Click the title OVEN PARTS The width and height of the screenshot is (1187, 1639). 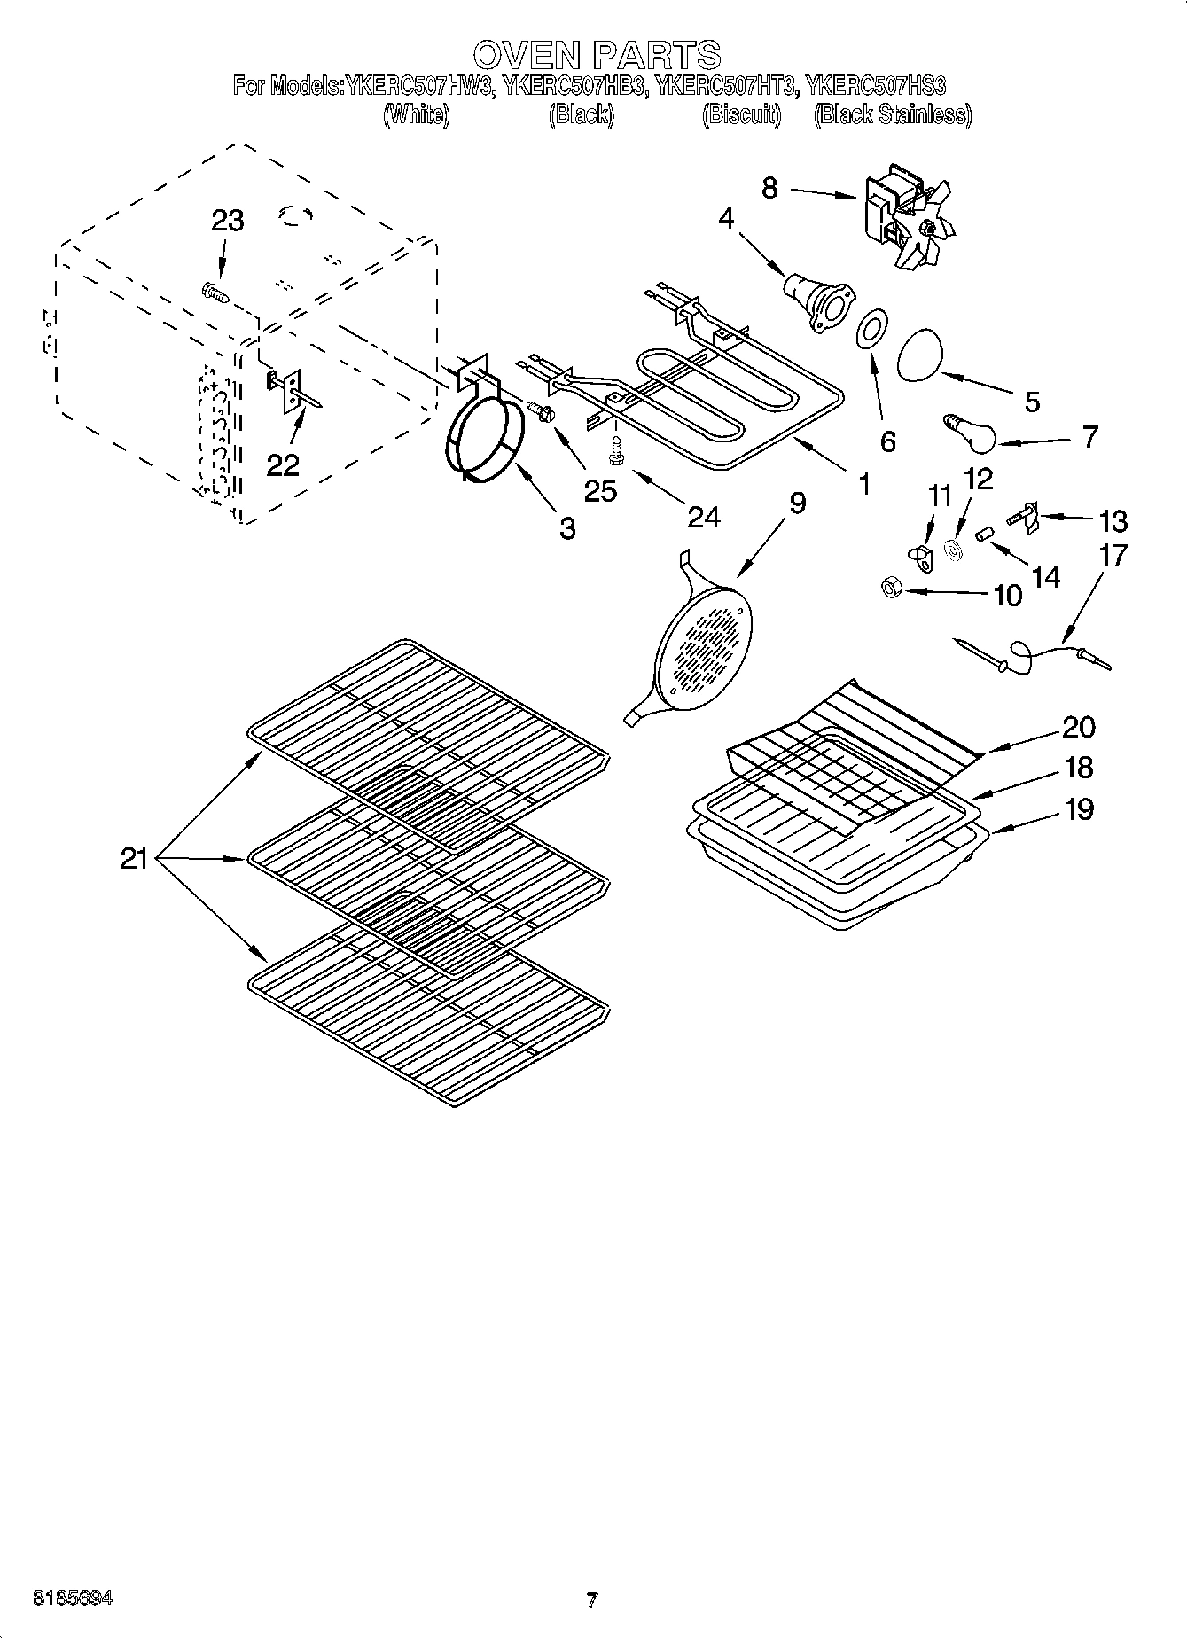click(x=596, y=55)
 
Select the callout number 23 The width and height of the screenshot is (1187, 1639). click(x=227, y=221)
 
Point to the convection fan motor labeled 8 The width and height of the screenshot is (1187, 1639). click(x=906, y=217)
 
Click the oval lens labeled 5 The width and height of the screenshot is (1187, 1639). click(x=920, y=355)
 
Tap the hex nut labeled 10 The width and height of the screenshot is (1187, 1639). click(x=892, y=588)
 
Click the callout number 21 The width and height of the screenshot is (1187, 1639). click(x=134, y=858)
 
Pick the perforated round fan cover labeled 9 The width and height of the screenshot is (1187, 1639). click(x=705, y=643)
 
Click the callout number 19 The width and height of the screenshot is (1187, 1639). click(x=1078, y=808)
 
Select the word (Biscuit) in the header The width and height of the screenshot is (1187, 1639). click(x=741, y=115)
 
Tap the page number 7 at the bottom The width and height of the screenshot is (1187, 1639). click(x=591, y=1600)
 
